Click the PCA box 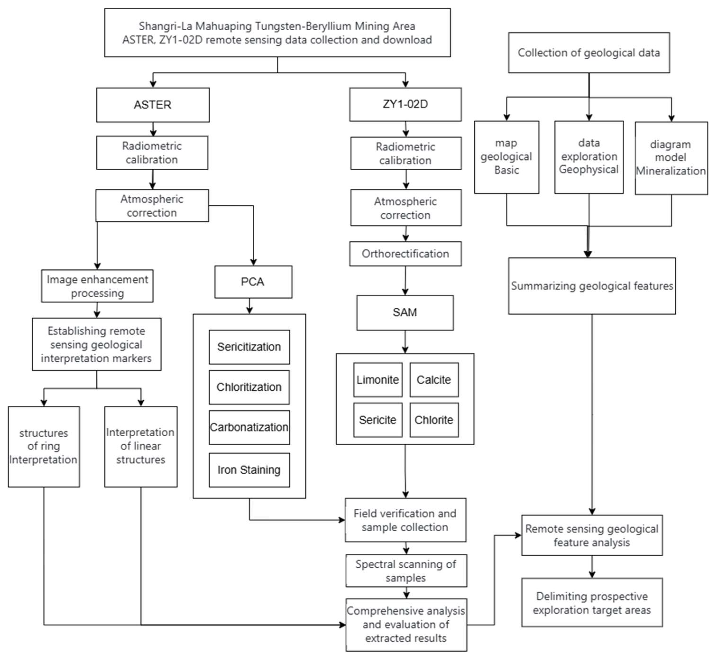[x=253, y=282]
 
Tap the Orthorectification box [x=405, y=254]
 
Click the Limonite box [x=378, y=380]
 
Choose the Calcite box [x=434, y=380]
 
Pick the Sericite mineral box [x=378, y=420]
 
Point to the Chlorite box [x=434, y=420]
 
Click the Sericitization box [x=249, y=347]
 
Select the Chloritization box [x=249, y=387]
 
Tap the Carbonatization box [x=249, y=427]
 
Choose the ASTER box [x=153, y=105]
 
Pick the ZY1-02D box [x=405, y=104]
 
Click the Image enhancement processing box [x=97, y=286]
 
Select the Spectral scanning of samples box [x=406, y=570]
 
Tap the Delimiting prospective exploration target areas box [x=592, y=603]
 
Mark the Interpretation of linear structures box [x=141, y=446]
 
